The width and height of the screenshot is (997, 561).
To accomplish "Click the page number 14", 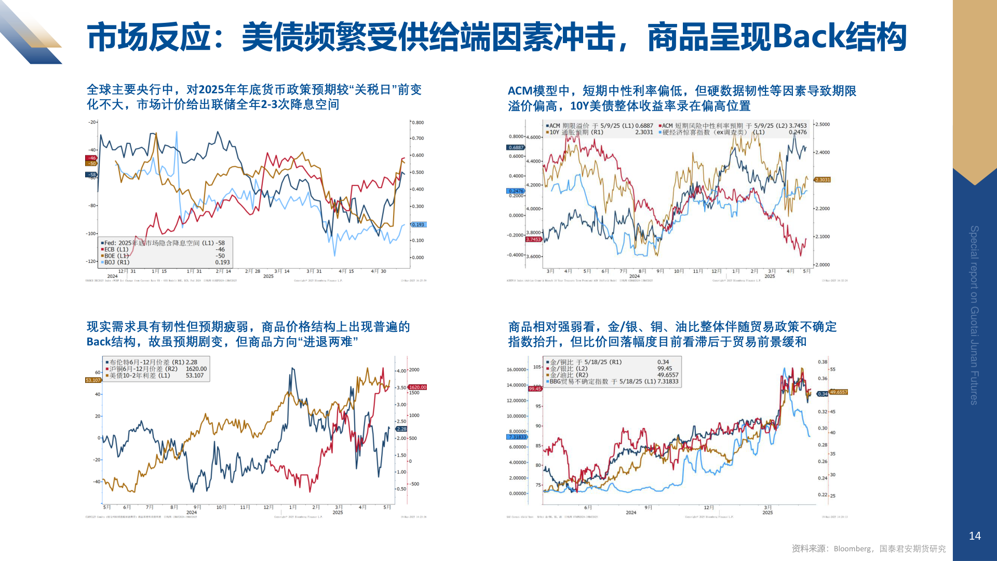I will click(x=975, y=536).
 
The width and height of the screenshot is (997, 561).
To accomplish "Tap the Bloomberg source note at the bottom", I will click(x=868, y=549).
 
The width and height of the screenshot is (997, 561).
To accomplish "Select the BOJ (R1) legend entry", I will click(x=117, y=262).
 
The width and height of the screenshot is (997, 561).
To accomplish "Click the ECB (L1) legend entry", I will click(x=116, y=249).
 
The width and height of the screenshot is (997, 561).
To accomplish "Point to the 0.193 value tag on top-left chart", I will click(x=418, y=225).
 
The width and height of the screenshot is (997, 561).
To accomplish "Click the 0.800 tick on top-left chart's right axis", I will click(x=418, y=123).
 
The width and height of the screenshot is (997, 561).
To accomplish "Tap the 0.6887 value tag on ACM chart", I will click(x=516, y=148).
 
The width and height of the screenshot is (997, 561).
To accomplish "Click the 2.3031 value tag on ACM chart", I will click(x=823, y=180).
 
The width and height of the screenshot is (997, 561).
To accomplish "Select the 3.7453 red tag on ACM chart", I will click(x=533, y=239).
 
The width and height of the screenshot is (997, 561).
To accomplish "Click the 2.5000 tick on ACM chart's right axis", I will click(x=822, y=125).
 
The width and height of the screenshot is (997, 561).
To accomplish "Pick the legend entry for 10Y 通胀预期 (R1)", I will click(x=576, y=132).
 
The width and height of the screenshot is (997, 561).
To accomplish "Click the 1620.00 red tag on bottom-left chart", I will click(x=417, y=387).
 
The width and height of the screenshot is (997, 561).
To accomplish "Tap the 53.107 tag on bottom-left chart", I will click(x=93, y=380).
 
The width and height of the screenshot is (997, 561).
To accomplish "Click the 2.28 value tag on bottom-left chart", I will click(x=402, y=429).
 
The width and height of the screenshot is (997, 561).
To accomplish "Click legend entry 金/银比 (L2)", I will click(x=568, y=369).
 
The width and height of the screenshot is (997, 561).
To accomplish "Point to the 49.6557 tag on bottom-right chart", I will click(x=838, y=392).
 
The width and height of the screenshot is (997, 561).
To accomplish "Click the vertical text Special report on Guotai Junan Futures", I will click(x=974, y=315).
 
